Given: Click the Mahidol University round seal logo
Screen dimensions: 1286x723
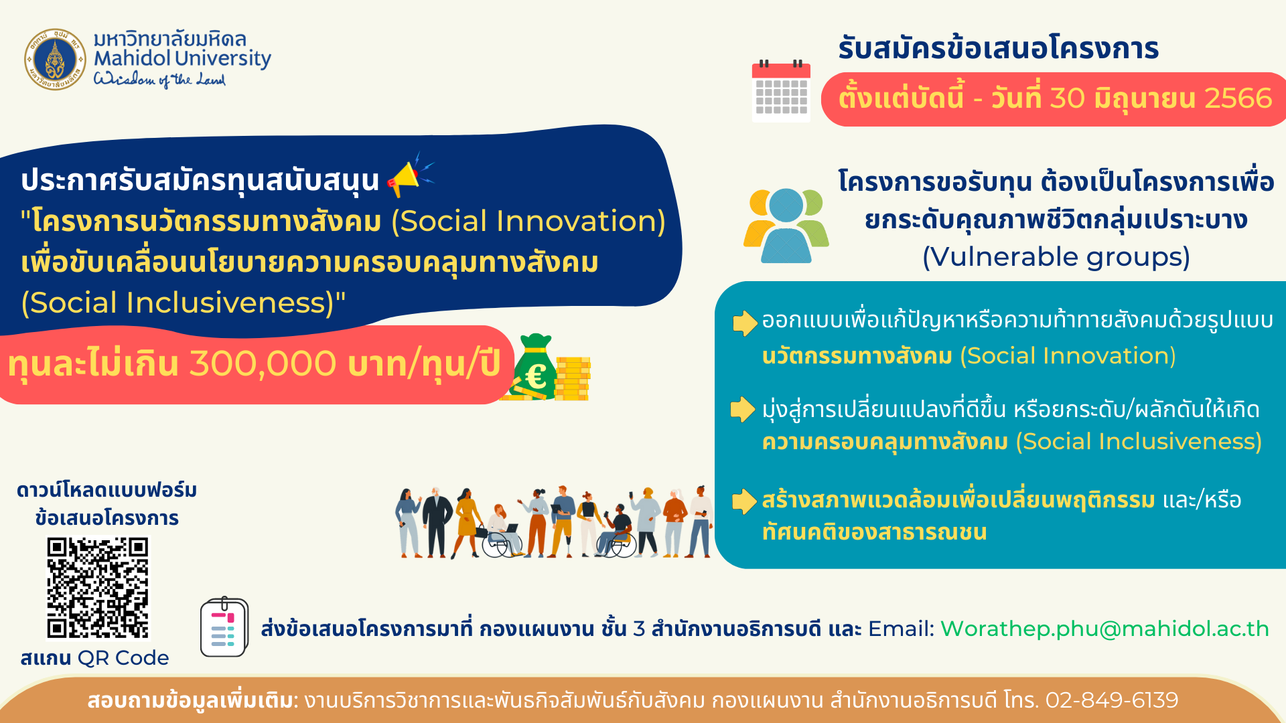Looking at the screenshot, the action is [56, 59].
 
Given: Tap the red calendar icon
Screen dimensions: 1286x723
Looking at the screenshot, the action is [781, 91].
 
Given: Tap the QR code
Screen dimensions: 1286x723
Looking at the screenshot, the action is [98, 588].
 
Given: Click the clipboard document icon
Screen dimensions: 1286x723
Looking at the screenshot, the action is [224, 627].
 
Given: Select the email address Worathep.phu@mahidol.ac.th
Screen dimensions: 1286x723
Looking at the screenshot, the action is [1104, 629].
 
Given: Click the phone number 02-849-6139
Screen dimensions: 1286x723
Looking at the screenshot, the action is [1112, 700].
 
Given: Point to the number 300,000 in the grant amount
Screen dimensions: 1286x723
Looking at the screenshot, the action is [263, 364].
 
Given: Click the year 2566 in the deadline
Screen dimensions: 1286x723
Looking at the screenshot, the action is [1238, 98].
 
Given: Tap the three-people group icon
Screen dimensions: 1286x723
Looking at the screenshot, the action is [786, 226].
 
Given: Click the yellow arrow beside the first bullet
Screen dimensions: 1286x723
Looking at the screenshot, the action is [745, 323].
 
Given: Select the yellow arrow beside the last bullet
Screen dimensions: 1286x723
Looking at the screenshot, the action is [744, 501].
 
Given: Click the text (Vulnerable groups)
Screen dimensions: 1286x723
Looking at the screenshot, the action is [1056, 257].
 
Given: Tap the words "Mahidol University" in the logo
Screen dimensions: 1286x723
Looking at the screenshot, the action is [182, 58].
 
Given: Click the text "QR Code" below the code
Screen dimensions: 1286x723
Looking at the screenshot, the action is [123, 658].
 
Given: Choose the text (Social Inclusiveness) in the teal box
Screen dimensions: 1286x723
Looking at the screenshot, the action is [1139, 442].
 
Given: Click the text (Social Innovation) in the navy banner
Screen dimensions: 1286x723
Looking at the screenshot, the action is [528, 222].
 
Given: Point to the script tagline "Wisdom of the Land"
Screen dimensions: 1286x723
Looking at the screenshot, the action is [159, 80].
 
